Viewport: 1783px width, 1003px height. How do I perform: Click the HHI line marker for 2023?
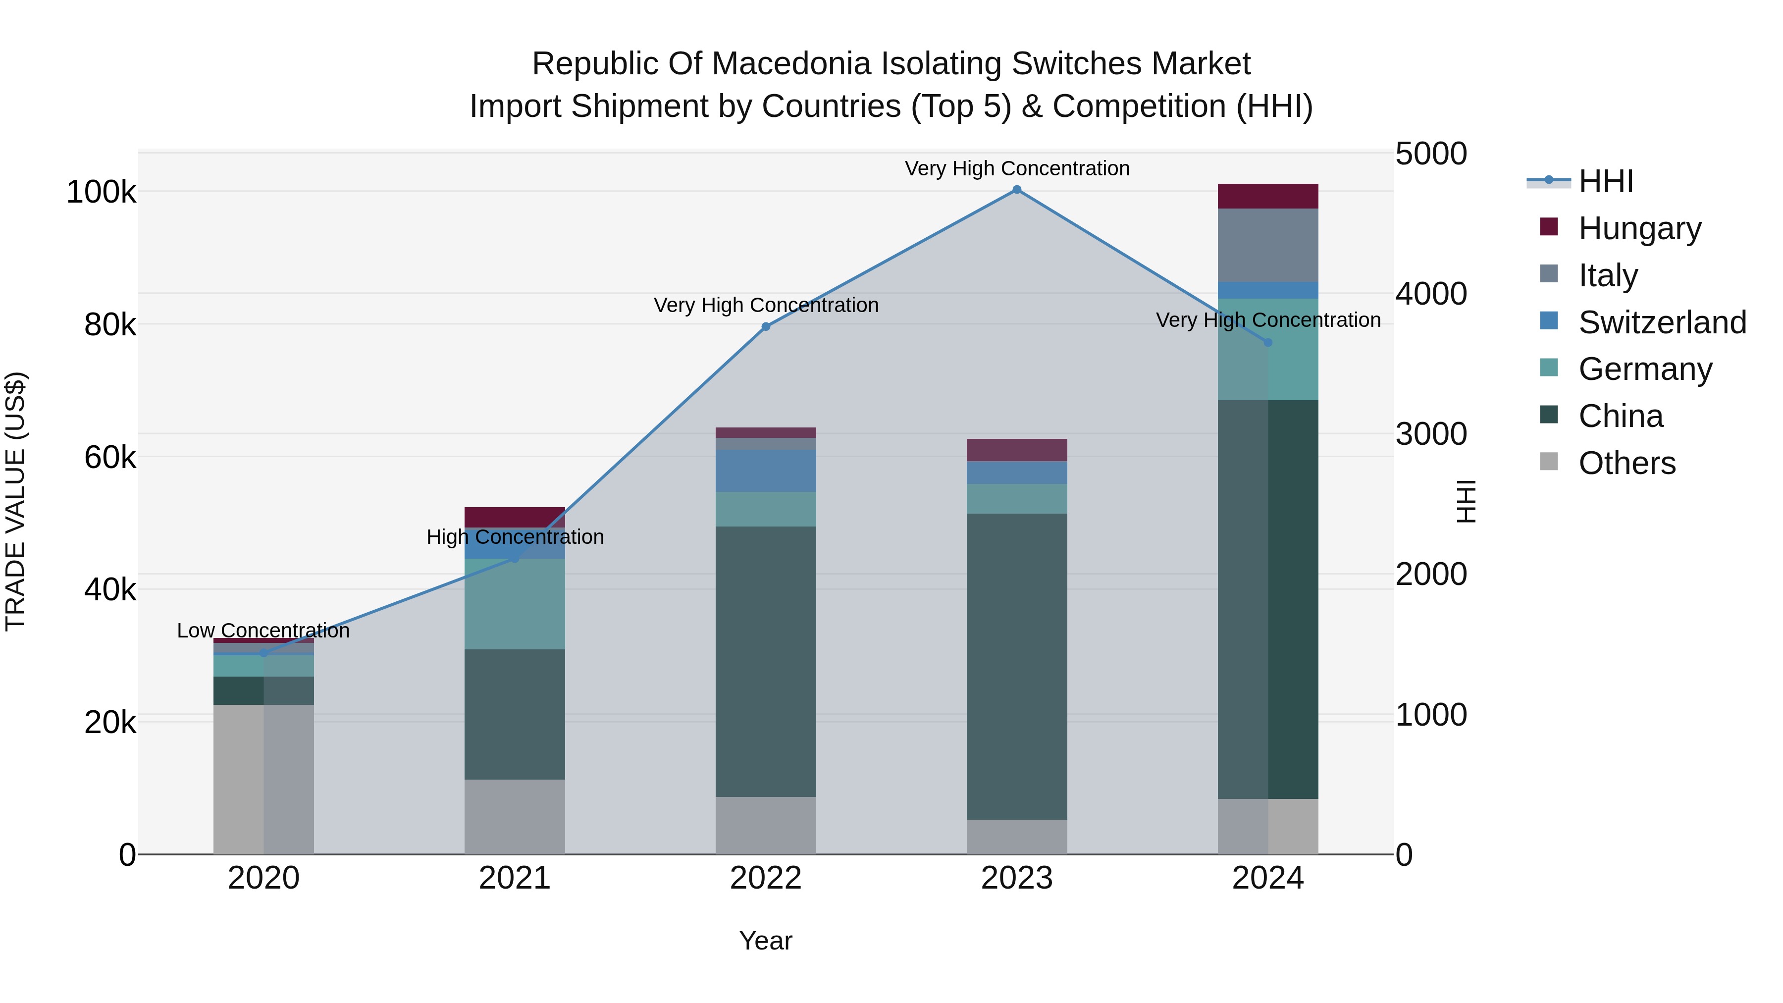click(x=1017, y=190)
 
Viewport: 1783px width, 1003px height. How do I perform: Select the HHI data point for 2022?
click(x=766, y=327)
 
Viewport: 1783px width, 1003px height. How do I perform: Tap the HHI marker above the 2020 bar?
click(x=263, y=653)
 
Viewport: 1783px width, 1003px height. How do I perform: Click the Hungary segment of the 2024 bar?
click(x=1268, y=196)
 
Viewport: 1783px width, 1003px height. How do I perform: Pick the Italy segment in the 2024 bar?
click(x=1268, y=245)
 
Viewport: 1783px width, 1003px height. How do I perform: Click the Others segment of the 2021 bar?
click(x=514, y=817)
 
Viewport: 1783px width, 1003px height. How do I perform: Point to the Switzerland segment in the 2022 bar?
click(x=766, y=471)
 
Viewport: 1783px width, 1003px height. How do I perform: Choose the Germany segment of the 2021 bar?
click(x=514, y=604)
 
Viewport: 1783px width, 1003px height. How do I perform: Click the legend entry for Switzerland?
click(x=1661, y=322)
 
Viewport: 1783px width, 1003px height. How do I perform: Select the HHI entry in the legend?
click(x=1605, y=181)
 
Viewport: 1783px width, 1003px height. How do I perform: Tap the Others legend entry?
click(x=1626, y=463)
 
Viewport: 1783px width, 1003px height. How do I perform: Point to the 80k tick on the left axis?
click(x=109, y=324)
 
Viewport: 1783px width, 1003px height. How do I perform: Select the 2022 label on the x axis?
click(x=766, y=878)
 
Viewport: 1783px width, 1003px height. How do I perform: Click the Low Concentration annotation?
click(x=263, y=631)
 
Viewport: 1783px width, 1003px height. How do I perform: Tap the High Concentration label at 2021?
click(x=515, y=537)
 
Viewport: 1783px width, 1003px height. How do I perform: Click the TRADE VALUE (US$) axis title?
click(x=15, y=501)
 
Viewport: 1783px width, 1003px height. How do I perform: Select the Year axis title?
click(x=766, y=941)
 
